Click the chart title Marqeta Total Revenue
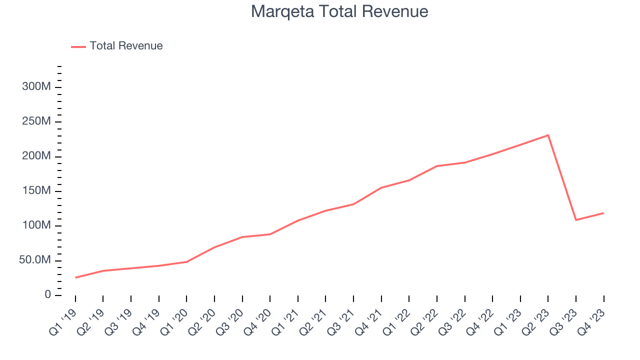(339, 11)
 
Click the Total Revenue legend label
(126, 46)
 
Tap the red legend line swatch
(78, 46)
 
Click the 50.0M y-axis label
(34, 260)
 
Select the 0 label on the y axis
(47, 295)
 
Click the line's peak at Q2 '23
(548, 135)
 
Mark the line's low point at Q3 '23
(576, 220)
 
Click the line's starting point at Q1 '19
(75, 277)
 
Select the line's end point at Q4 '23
(603, 213)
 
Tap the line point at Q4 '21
(381, 188)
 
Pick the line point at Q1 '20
(186, 262)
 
